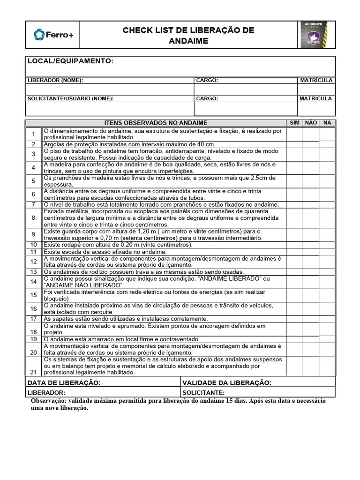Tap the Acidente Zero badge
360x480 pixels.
317,35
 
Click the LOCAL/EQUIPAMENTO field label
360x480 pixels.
70,61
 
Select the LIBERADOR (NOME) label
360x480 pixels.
55,80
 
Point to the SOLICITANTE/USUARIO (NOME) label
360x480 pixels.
70,98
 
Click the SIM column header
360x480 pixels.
294,123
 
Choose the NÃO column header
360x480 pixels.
311,123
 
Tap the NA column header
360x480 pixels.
327,123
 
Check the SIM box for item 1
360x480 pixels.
294,134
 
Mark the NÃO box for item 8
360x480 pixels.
311,218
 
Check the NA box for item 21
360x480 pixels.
327,366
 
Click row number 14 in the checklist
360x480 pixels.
34,282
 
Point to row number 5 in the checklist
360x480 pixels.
34,181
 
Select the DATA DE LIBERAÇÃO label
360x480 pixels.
64,382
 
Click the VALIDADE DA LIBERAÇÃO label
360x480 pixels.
227,382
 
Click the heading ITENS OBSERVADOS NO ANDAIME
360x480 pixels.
156,123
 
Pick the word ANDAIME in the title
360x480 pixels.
188,41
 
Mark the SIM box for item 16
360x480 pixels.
294,308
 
